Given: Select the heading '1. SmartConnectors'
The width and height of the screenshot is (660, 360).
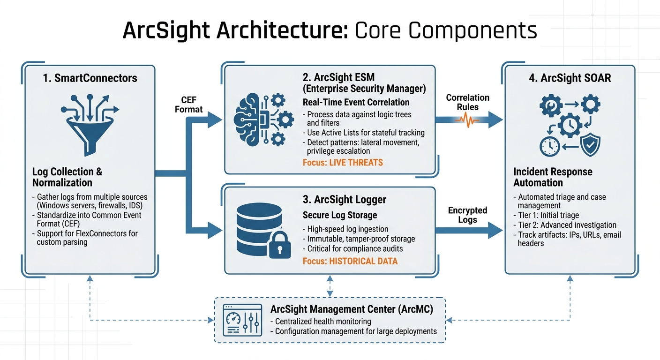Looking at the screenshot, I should pyautogui.click(x=90, y=78).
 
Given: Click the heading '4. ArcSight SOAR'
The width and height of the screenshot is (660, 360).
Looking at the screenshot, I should pyautogui.click(x=570, y=78).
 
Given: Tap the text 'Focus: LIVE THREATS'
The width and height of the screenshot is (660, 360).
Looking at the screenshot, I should pyautogui.click(x=343, y=163).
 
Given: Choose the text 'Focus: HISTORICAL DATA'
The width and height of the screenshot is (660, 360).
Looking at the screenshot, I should pyautogui.click(x=350, y=261).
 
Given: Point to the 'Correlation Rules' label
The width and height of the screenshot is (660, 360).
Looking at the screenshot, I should pyautogui.click(x=467, y=102).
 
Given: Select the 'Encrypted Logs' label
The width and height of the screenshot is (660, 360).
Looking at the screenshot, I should pyautogui.click(x=467, y=215).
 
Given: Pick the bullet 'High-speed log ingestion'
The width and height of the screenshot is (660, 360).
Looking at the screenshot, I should pyautogui.click(x=347, y=229).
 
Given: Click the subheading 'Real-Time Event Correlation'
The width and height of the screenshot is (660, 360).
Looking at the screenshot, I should pyautogui.click(x=356, y=102).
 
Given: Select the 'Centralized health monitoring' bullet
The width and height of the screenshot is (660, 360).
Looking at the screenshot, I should pyautogui.click(x=323, y=321).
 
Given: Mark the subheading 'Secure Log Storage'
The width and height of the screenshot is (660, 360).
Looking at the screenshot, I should pyautogui.click(x=340, y=215).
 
